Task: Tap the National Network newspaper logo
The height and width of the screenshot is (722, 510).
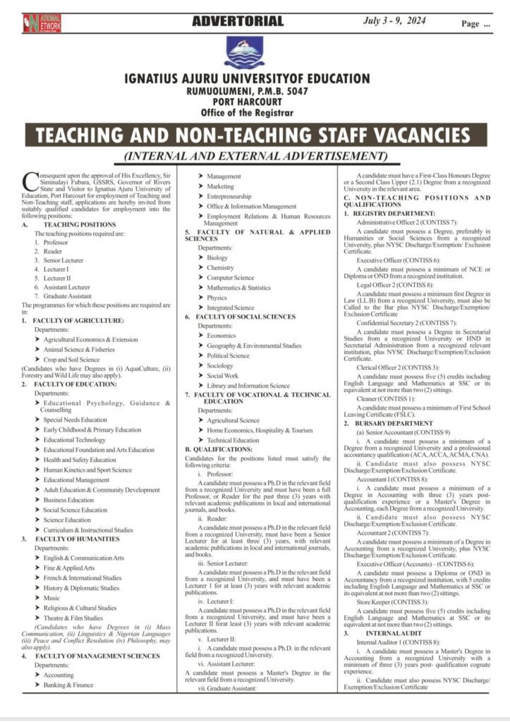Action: [42, 23]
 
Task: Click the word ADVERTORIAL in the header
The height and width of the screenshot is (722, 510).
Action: [238, 21]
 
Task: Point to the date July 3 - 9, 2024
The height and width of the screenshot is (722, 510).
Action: [394, 21]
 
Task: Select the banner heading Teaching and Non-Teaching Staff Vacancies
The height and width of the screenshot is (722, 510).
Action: [252, 134]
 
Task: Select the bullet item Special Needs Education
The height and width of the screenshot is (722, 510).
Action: [75, 420]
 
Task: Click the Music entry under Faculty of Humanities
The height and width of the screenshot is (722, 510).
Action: [51, 598]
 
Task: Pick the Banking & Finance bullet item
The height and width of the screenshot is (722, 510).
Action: [68, 685]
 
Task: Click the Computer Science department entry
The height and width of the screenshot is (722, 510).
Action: [231, 278]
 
